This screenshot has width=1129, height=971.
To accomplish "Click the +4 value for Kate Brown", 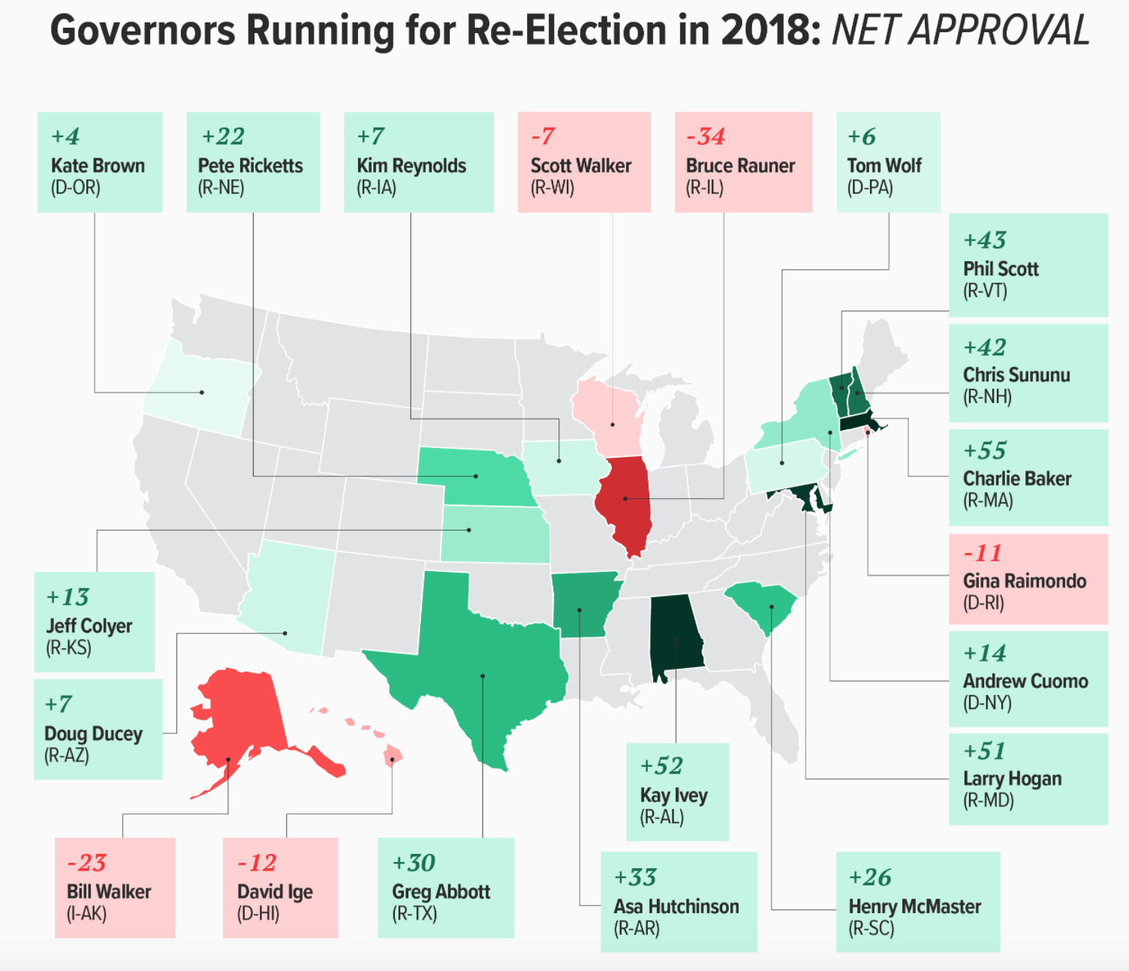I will coord(65,137).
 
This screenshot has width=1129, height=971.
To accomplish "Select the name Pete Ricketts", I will coord(250,166).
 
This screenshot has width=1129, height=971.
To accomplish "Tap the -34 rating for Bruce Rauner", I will coord(706,137).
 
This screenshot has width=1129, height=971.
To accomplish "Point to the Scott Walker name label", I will coord(580,166).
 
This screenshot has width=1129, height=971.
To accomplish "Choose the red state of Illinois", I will coord(625,503).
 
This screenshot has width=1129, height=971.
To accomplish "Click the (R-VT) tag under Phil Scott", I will coord(985,290).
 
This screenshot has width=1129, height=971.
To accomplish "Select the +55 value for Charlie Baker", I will coord(985,451).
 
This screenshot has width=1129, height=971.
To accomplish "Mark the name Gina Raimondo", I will coord(1024,581).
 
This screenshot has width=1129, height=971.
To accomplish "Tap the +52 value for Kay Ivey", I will coord(661,766).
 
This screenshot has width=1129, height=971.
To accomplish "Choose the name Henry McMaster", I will coord(914,906).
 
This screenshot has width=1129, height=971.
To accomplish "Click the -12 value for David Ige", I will coord(257,863).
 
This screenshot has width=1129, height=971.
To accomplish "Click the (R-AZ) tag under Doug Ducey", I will coord(67,756).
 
